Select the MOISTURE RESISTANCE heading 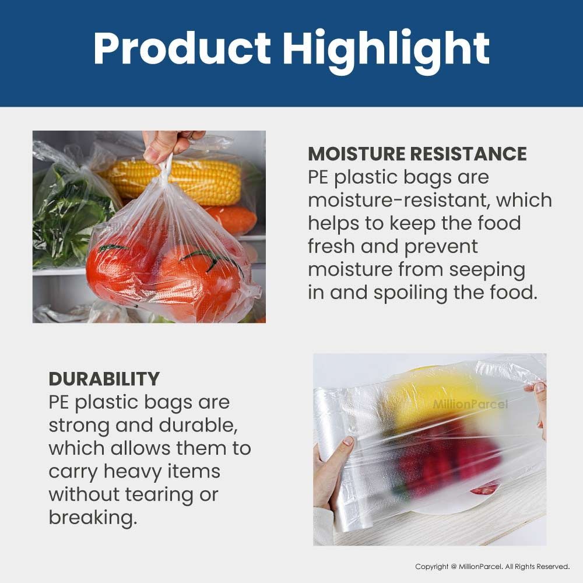pyautogui.click(x=417, y=154)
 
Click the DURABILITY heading pyautogui.click(x=104, y=379)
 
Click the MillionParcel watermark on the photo pyautogui.click(x=470, y=405)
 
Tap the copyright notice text pyautogui.click(x=492, y=567)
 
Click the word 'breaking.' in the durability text pyautogui.click(x=93, y=518)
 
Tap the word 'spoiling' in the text pyautogui.click(x=410, y=292)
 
